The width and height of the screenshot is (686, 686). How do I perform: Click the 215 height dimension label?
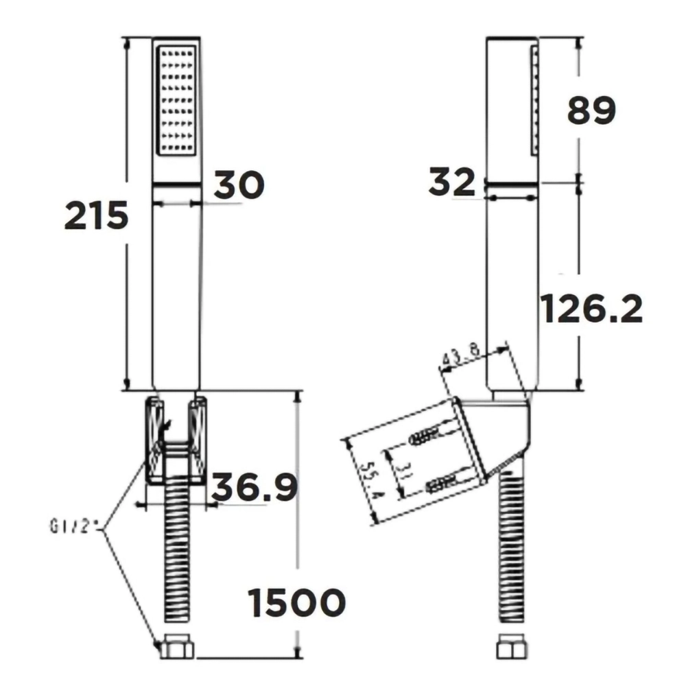coord(96,215)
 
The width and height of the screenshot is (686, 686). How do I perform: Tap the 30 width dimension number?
coord(239,185)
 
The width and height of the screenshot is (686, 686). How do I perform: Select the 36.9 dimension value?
coord(254,486)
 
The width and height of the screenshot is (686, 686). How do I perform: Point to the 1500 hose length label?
coord(296,603)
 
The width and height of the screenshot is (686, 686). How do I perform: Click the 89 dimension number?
coord(591,110)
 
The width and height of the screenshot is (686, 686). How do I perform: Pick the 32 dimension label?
coord(451,182)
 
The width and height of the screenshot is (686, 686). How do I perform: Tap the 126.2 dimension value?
coord(591,309)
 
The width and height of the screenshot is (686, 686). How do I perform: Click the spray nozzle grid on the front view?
coord(176,100)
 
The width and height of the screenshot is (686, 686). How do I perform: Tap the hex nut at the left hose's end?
coord(177,646)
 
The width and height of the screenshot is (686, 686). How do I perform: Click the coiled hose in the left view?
coord(178,549)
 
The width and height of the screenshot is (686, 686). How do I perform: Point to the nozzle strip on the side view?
coord(534,100)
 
